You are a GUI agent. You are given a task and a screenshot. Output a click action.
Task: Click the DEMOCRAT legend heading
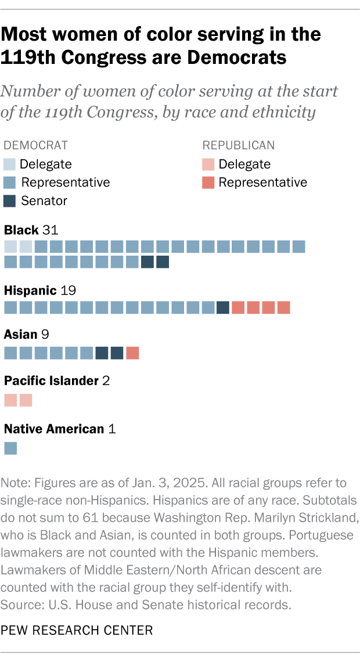click(36, 145)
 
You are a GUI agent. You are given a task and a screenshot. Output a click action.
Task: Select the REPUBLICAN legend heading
click(239, 145)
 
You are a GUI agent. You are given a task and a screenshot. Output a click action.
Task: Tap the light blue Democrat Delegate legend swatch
click(10, 164)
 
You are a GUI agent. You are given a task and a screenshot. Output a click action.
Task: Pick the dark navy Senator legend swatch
click(10, 201)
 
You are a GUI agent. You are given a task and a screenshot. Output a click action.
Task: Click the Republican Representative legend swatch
click(208, 182)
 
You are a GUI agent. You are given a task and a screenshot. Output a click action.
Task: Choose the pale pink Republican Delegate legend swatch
click(208, 164)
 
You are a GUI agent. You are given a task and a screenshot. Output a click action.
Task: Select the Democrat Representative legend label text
click(66, 182)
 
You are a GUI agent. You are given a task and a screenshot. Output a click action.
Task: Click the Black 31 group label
click(31, 230)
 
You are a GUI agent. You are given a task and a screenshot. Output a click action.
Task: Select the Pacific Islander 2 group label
click(57, 381)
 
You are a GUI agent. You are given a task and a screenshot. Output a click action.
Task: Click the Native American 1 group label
click(60, 429)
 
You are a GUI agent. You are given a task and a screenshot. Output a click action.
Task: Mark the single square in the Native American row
click(10, 448)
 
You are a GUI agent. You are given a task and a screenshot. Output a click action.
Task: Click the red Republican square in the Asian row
click(132, 353)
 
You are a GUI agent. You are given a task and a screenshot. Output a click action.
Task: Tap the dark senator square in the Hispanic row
click(222, 307)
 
